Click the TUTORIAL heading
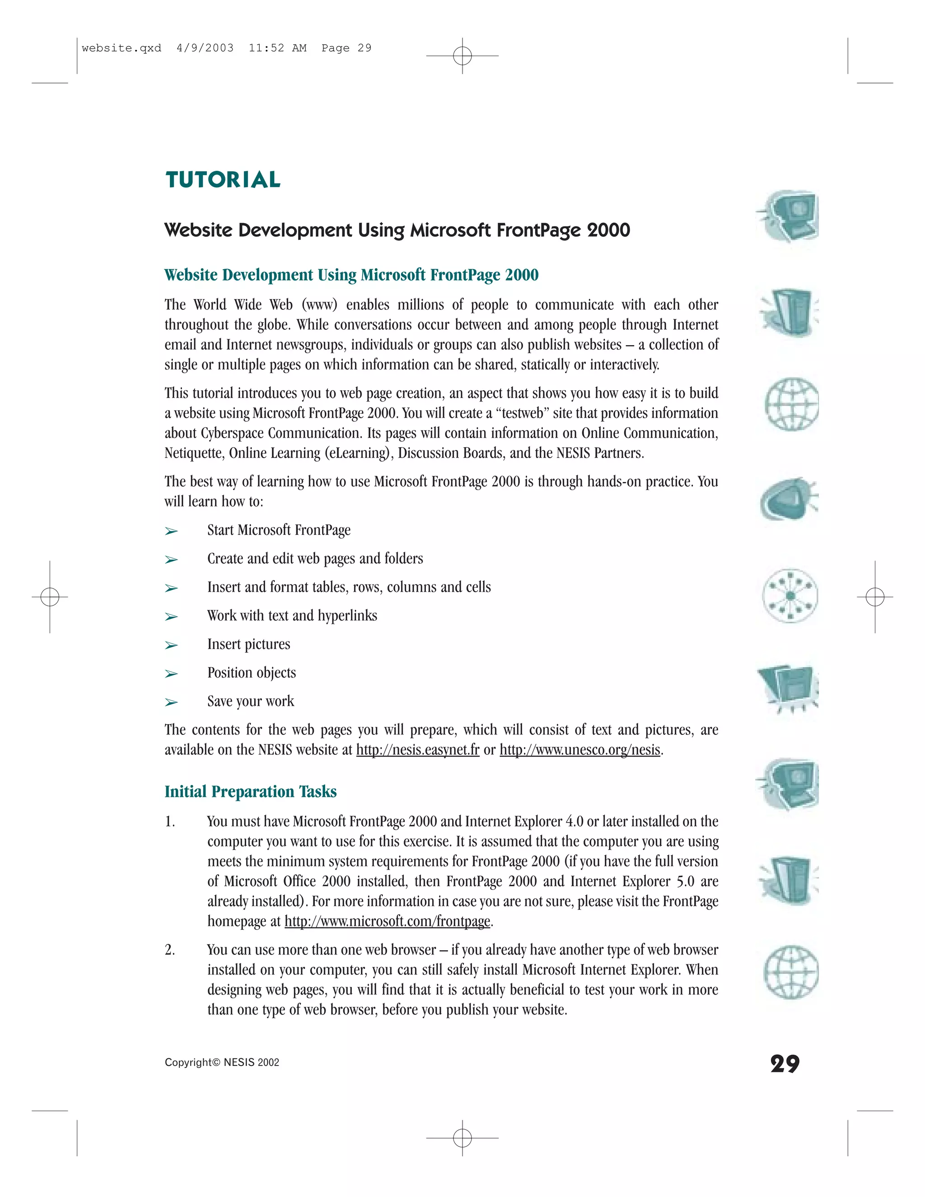(223, 180)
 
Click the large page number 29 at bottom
(785, 1064)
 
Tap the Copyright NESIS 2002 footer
(222, 1062)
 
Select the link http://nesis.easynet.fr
(418, 750)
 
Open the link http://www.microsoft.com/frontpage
(388, 921)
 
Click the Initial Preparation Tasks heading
(250, 791)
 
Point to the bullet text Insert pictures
(248, 644)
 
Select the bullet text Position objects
(252, 673)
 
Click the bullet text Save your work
(250, 701)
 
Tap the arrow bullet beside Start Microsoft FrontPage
(172, 531)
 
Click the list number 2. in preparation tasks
(170, 950)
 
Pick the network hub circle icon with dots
(790, 595)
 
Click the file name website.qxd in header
(121, 48)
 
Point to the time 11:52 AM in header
(277, 48)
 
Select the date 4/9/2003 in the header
(205, 48)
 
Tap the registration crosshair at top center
(462, 56)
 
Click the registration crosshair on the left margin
(50, 596)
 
